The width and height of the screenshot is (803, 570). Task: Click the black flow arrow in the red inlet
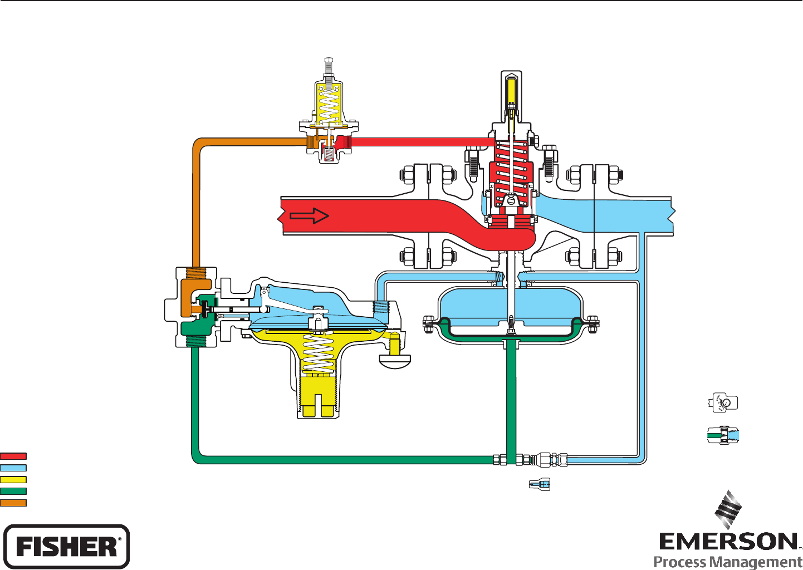pyautogui.click(x=309, y=216)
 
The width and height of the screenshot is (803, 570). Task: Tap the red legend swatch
pyautogui.click(x=13, y=456)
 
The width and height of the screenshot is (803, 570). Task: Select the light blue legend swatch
pyautogui.click(x=13, y=468)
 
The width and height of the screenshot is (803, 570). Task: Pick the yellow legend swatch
pyautogui.click(x=13, y=479)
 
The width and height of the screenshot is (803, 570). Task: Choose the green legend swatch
pyautogui.click(x=13, y=491)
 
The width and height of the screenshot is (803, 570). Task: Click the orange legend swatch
pyautogui.click(x=13, y=503)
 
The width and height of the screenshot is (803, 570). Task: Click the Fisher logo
pyautogui.click(x=67, y=546)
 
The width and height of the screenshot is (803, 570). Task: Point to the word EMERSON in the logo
pyautogui.click(x=728, y=542)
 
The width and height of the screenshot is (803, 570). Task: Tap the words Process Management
pyautogui.click(x=728, y=562)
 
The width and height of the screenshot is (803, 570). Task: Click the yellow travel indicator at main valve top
pyautogui.click(x=511, y=92)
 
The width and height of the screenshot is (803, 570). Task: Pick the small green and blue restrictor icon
pyautogui.click(x=723, y=435)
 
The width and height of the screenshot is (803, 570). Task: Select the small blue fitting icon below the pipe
pyautogui.click(x=539, y=484)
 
